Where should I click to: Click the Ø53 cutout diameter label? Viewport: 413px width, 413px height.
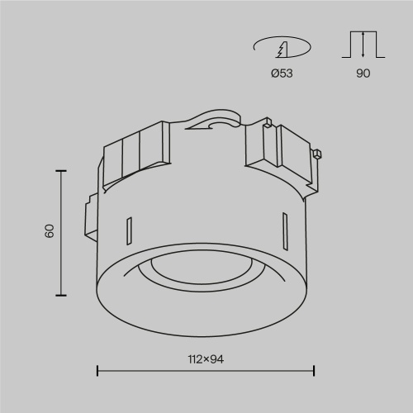[x=282, y=74]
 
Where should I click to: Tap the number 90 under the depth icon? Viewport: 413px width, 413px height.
[x=363, y=74]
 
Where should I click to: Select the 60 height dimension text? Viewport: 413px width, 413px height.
[x=49, y=231]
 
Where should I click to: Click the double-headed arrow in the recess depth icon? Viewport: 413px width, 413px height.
[x=363, y=44]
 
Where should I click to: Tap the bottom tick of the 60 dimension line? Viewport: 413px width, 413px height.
[x=59, y=294]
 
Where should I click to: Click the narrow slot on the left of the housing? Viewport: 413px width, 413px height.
[x=128, y=231]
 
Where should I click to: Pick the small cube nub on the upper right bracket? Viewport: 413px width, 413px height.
[x=316, y=154]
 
